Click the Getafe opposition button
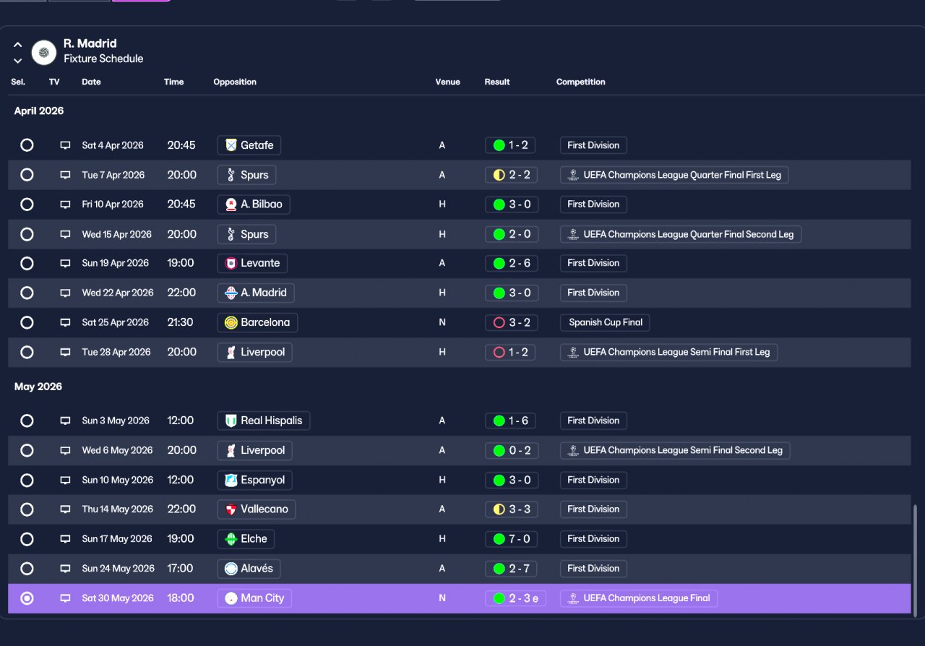point(249,145)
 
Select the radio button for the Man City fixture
point(27,598)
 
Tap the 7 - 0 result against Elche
point(511,539)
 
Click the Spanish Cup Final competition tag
point(605,322)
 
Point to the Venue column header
point(447,82)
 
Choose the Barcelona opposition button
point(257,322)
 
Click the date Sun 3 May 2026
point(116,421)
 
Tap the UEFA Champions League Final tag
point(639,598)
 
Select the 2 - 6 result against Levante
point(512,263)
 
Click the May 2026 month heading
point(38,387)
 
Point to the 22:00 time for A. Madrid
point(181,293)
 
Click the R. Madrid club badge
point(44,53)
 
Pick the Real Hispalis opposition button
point(264,421)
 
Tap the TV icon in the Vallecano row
point(65,509)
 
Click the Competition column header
point(580,82)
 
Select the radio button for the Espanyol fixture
point(27,481)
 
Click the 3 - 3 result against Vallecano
point(512,509)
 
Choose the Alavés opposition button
point(249,569)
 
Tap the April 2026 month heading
point(39,111)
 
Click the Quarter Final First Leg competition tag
point(674,175)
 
